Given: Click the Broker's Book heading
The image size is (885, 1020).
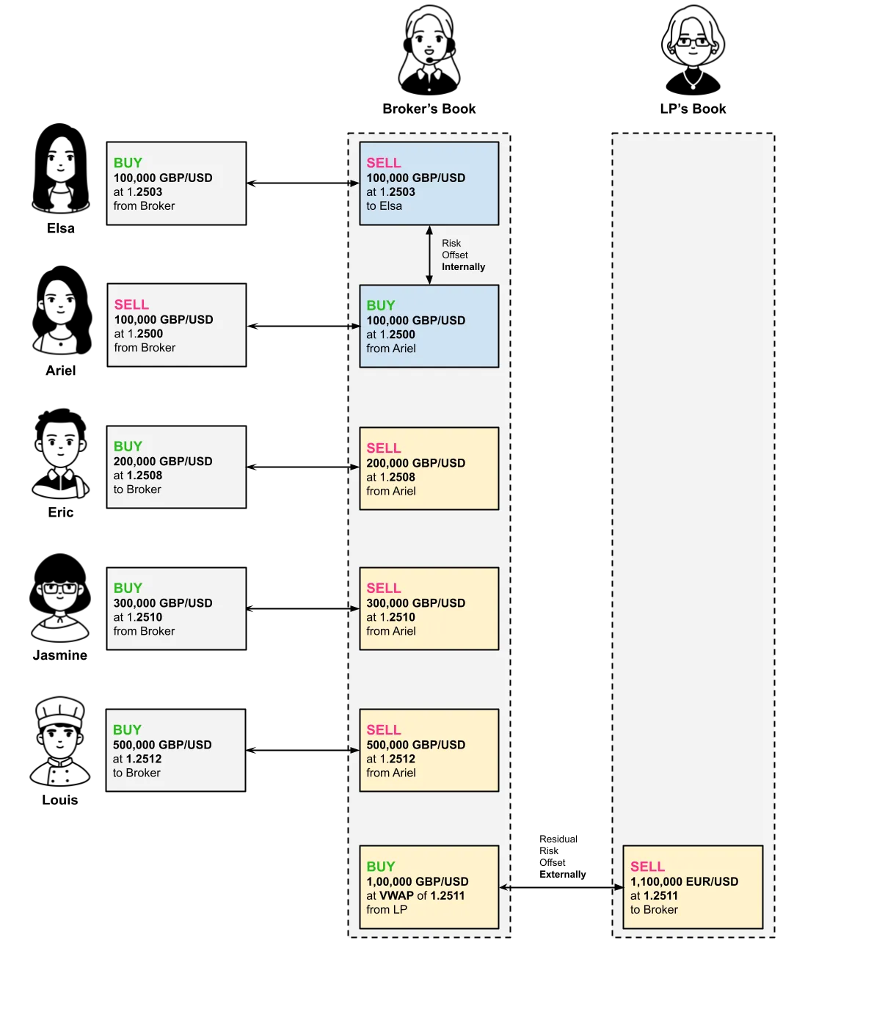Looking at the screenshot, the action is click(429, 109).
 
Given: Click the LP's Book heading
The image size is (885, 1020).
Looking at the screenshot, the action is click(693, 109).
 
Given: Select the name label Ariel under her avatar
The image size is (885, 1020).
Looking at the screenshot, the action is click(61, 371).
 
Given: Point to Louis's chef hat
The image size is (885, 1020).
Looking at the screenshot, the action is click(60, 712).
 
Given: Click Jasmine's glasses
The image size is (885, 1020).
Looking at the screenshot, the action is click(60, 589).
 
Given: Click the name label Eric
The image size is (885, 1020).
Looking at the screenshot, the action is click(61, 512).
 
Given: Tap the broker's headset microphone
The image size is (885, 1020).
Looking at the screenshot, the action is click(430, 60).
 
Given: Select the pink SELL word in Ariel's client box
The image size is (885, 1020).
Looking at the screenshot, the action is click(131, 305).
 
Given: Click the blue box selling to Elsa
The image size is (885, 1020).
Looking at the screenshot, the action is click(429, 183).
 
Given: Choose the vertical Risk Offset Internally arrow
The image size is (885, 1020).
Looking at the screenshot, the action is click(429, 255).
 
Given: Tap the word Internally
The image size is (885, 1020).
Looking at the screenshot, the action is click(463, 266).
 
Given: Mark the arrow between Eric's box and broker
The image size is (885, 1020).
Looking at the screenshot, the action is click(302, 467).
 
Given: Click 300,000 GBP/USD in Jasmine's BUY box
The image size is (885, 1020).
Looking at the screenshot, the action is click(162, 602).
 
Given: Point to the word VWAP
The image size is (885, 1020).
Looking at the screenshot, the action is click(396, 895).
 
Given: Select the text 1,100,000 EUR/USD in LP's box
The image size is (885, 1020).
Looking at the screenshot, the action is click(684, 881).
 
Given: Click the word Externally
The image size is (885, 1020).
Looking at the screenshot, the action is click(562, 874).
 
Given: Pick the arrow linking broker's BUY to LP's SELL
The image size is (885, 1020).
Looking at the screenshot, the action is click(561, 887).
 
